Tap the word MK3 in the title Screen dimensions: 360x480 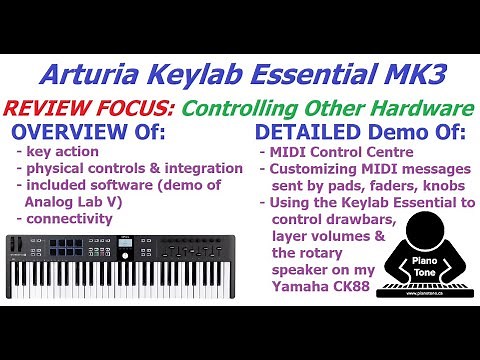(x=411, y=73)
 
